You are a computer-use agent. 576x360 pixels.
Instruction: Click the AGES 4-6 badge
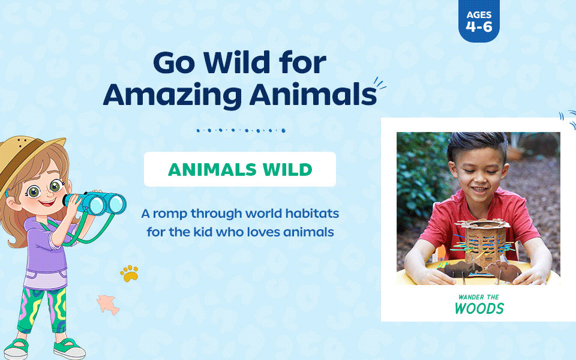tap(479, 21)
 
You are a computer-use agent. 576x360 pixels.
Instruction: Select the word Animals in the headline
tap(313, 94)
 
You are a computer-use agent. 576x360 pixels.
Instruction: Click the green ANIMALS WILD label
tap(240, 169)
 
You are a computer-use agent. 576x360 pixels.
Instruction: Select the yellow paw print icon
tap(130, 274)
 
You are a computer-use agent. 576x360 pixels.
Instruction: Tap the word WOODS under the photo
tap(479, 308)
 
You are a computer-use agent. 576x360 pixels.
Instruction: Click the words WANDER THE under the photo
tap(479, 297)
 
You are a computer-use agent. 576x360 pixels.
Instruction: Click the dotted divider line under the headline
tap(241, 130)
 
